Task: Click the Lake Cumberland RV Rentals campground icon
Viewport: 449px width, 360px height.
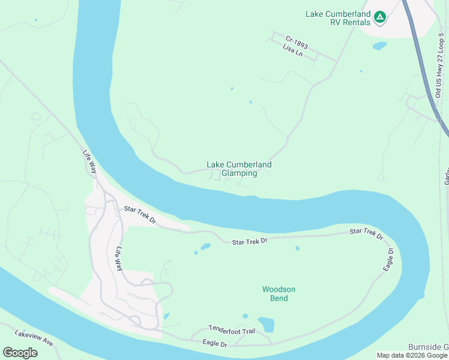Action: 379,17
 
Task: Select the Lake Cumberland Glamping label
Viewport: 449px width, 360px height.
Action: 239,169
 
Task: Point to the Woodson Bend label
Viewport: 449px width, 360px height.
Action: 279,293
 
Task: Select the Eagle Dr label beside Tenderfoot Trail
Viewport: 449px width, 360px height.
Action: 214,344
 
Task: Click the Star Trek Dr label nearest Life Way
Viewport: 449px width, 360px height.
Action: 140,215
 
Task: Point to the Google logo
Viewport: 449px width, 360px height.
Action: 20,353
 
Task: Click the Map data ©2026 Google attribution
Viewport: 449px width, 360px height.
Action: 412,355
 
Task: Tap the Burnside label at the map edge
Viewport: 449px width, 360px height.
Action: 428,347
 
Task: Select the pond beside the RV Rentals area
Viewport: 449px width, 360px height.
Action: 379,46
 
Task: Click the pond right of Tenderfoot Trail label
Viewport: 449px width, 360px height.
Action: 265,324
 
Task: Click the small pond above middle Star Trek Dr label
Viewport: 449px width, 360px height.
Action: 205,246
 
